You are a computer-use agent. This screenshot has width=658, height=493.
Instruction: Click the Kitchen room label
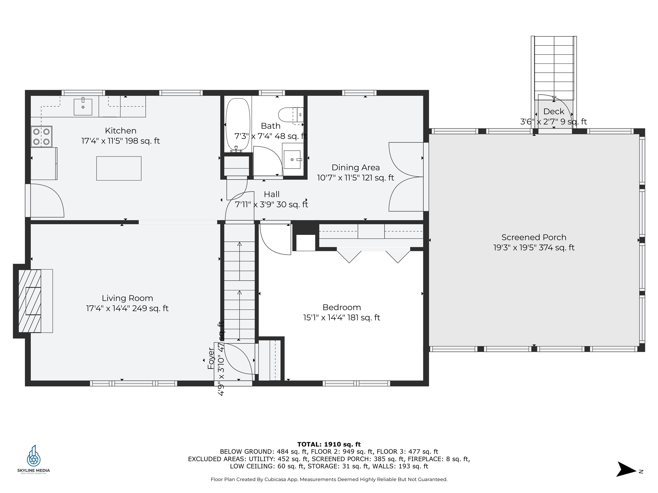pos(120,131)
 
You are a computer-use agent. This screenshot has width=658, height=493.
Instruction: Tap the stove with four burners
pos(41,136)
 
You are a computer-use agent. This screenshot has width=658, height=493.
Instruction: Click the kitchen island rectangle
pos(119,168)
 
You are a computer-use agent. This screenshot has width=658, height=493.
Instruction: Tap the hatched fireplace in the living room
pos(30,301)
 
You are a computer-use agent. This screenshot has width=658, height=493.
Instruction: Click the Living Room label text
pos(127,298)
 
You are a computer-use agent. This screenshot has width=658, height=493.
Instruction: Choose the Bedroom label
pos(341,307)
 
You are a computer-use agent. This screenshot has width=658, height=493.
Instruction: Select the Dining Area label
pos(356,168)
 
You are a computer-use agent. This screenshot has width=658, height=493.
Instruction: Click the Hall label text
pos(272,194)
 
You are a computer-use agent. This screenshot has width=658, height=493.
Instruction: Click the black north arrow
pos(626,469)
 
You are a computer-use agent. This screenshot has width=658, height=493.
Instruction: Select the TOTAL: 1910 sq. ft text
pos(329,444)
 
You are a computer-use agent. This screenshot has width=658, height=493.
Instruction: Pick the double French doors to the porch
pos(406,177)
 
